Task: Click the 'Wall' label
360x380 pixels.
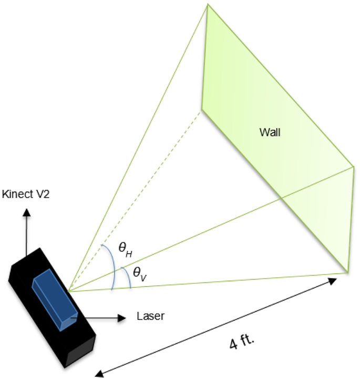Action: (x=270, y=132)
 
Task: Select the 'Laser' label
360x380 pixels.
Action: (x=151, y=316)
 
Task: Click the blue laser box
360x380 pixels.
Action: (x=55, y=299)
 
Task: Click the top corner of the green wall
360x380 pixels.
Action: (x=207, y=5)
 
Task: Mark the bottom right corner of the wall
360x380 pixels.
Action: (x=348, y=273)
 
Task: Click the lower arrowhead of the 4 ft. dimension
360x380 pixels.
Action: (x=98, y=374)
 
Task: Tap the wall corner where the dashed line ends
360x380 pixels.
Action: (x=202, y=109)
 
